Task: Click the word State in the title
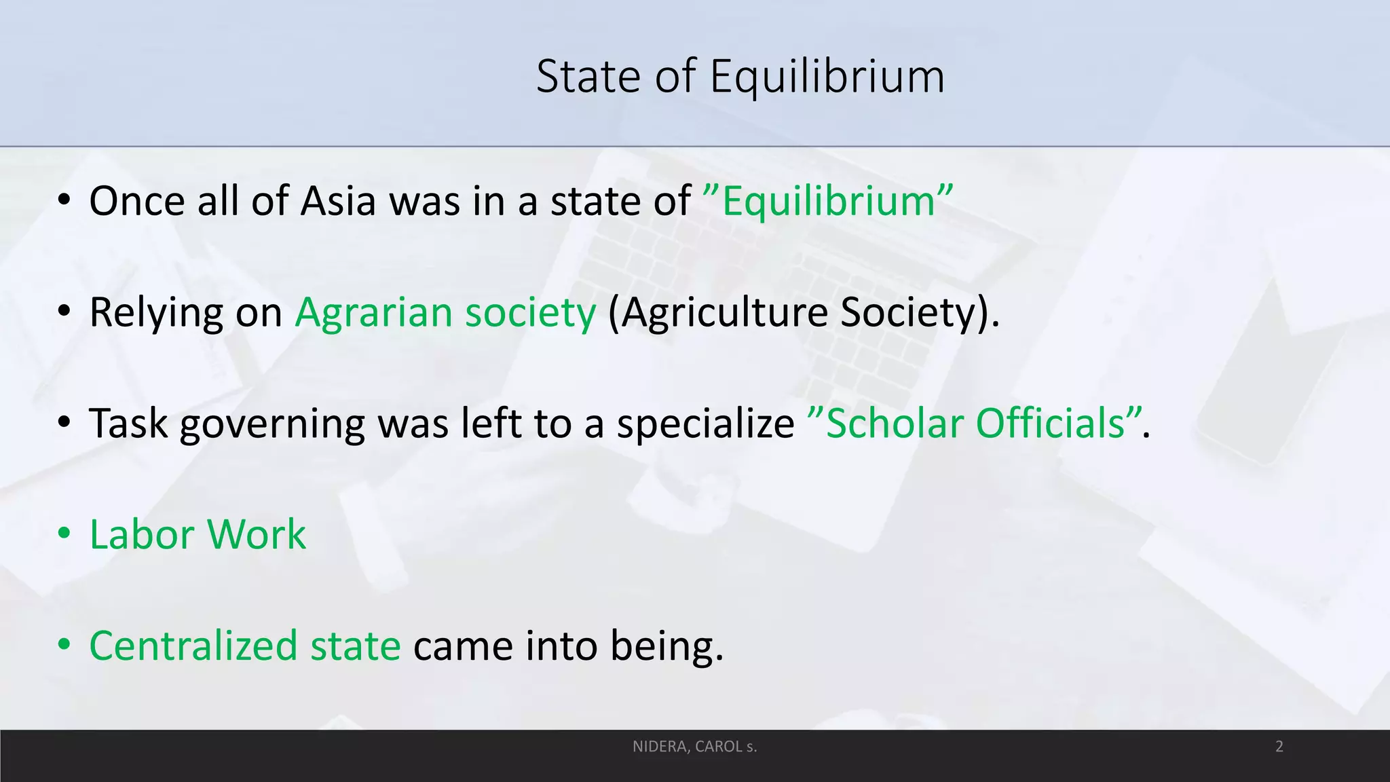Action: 588,77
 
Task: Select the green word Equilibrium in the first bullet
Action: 829,202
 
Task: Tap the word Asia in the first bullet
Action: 338,202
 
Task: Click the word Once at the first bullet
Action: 136,202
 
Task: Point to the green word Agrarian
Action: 373,313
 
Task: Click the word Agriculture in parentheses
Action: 724,313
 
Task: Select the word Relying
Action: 155,313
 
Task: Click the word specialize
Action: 705,424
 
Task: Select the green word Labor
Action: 142,535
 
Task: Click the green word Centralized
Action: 193,646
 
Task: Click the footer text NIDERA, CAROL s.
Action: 694,747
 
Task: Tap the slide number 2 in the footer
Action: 1279,747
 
